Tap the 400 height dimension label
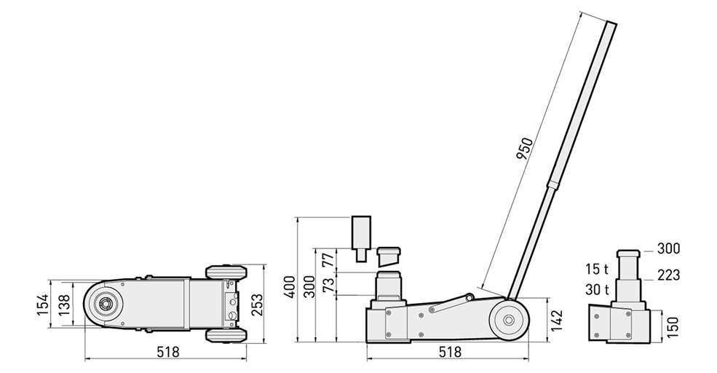[x=290, y=286]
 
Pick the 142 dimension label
[x=557, y=321]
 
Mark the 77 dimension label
[x=328, y=258]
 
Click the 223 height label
[x=668, y=275]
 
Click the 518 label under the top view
[x=167, y=352]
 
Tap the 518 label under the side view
[x=450, y=352]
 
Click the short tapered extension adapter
[x=388, y=256]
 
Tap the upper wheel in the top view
[x=226, y=273]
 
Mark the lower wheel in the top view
[x=226, y=335]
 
